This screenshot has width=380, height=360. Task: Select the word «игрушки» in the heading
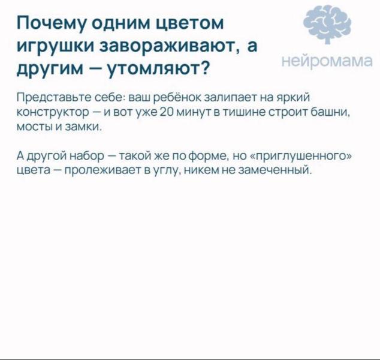(55, 47)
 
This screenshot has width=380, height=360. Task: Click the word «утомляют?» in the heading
(158, 70)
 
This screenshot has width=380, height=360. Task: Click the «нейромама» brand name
(327, 61)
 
